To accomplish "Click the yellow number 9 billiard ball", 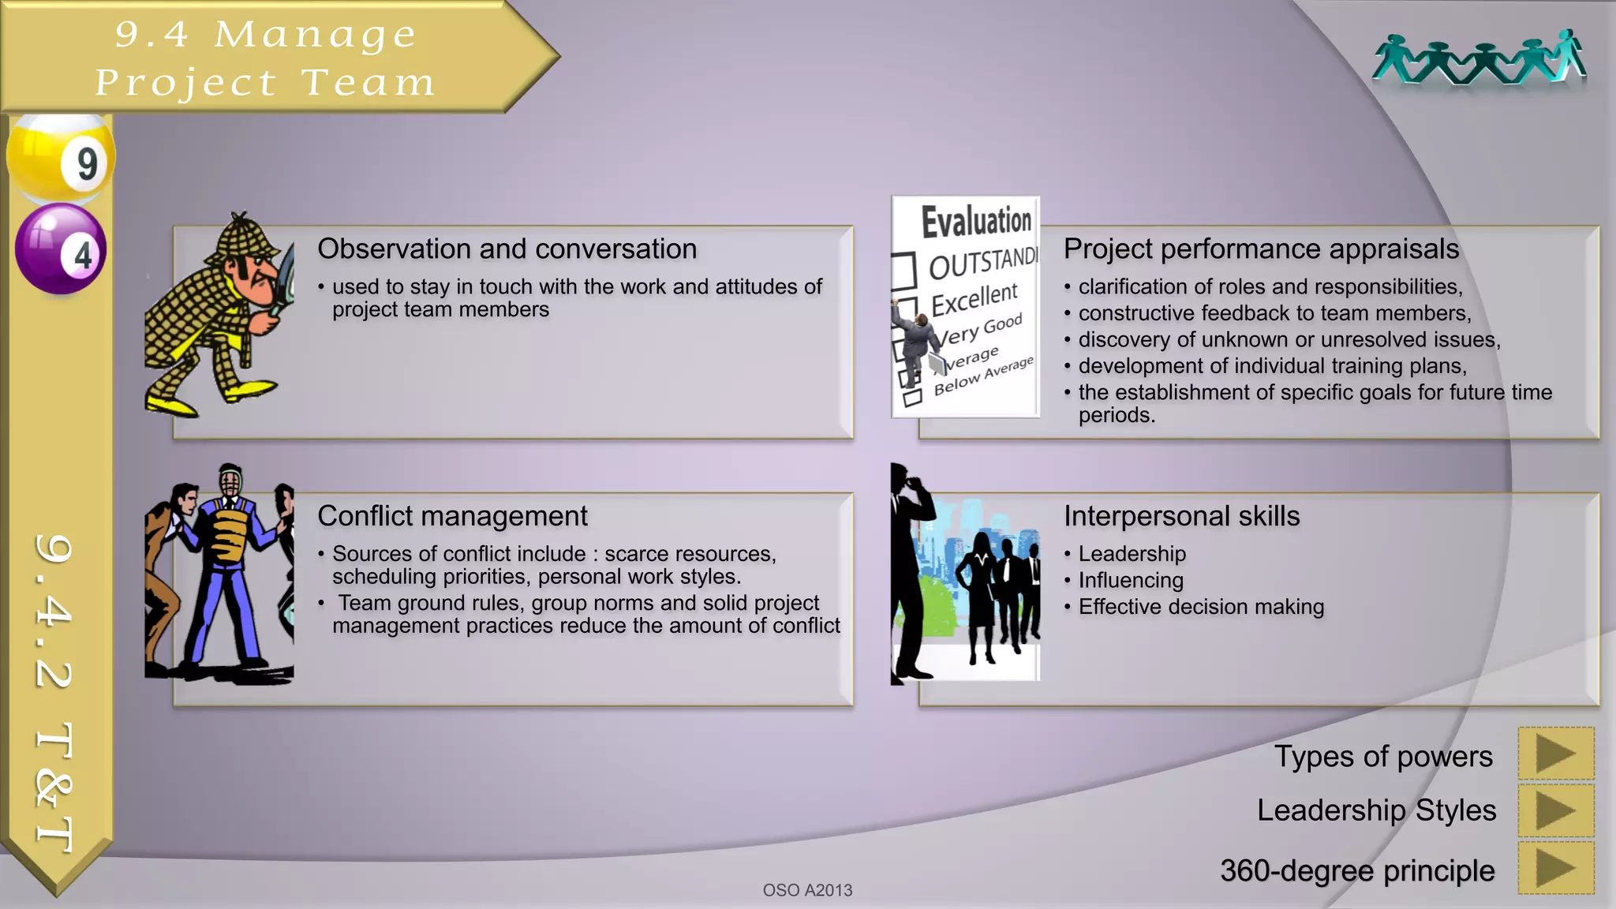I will tap(61, 158).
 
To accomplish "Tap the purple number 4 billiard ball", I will tap(61, 249).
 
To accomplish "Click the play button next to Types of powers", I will tap(1555, 754).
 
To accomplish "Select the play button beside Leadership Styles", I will tap(1555, 810).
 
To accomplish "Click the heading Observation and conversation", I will tap(507, 249).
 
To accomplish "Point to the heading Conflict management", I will tap(452, 516).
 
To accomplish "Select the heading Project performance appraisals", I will tap(1261, 249).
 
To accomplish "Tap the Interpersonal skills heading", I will tap(1181, 516).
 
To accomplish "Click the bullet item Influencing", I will tap(1130, 581).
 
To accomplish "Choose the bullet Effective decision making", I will tap(1200, 607).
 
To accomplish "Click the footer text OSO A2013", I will tap(807, 890).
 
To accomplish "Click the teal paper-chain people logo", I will tap(1479, 59).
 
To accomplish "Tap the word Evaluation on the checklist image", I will tap(976, 221).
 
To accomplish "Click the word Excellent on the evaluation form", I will tap(974, 299).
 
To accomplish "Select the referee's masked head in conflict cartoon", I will tap(230, 483).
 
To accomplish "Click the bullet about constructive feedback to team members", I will tap(1274, 313).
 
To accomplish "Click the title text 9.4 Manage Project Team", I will tap(264, 58).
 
